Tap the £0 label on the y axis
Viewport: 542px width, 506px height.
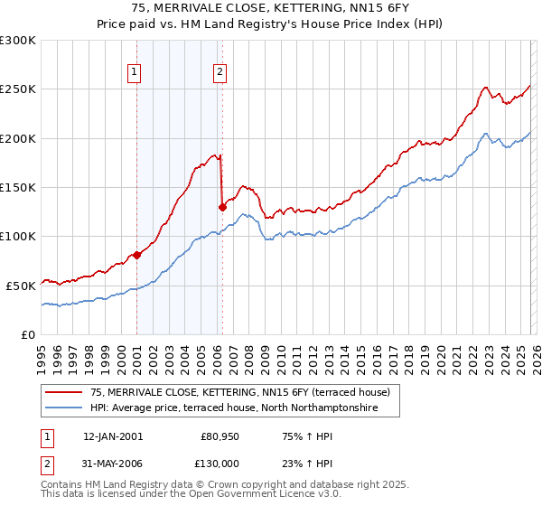pyautogui.click(x=27, y=334)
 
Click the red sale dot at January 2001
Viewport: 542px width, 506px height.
pyautogui.click(x=137, y=255)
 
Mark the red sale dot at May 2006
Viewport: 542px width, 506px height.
pyautogui.click(x=222, y=207)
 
